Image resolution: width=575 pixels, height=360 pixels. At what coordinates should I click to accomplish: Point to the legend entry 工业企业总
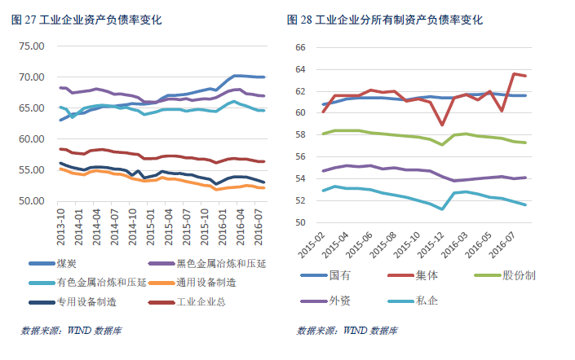pyautogui.click(x=201, y=302)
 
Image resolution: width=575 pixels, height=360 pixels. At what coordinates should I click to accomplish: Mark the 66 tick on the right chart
pyautogui.click(x=299, y=47)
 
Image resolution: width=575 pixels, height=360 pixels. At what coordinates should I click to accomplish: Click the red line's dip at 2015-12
pyautogui.click(x=442, y=125)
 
